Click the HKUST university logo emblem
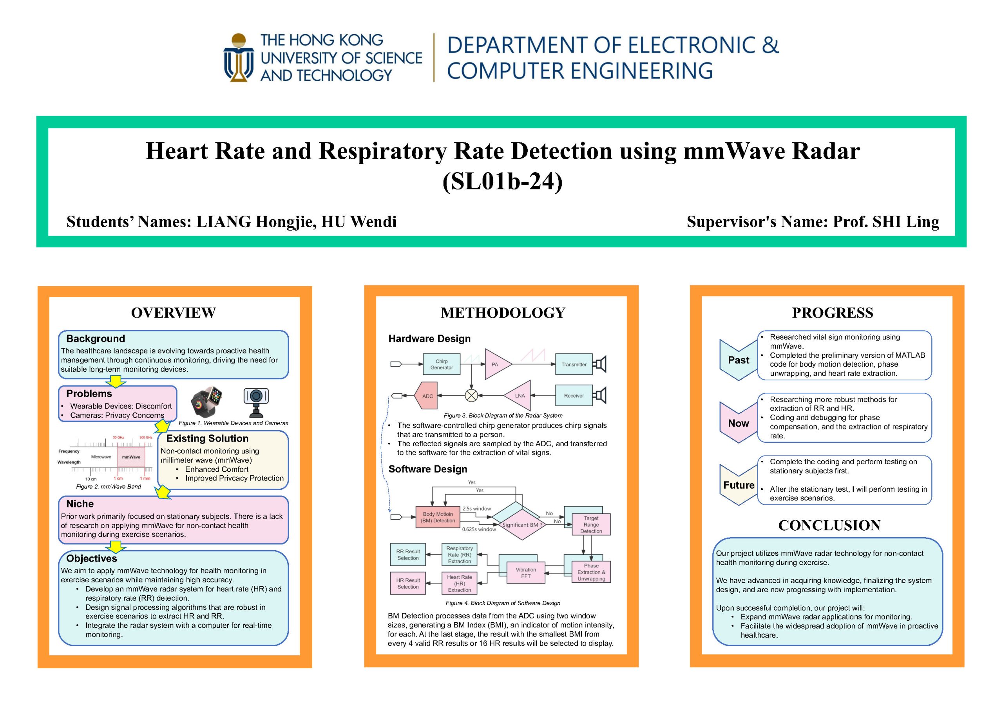pyautogui.click(x=239, y=57)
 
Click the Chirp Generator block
pyautogui.click(x=441, y=364)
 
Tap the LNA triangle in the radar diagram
pyautogui.click(x=517, y=396)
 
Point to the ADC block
pyautogui.click(x=425, y=396)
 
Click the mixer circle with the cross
pyautogui.click(x=471, y=396)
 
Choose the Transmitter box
pyautogui.click(x=574, y=364)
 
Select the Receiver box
pyautogui.click(x=574, y=396)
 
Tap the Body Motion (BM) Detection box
pyautogui.click(x=438, y=517)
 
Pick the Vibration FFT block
pyautogui.click(x=525, y=573)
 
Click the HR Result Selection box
pyautogui.click(x=408, y=584)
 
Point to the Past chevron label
pyautogui.click(x=738, y=360)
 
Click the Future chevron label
pyautogui.click(x=738, y=485)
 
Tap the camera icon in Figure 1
pyautogui.click(x=256, y=402)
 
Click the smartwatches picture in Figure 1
pyautogui.click(x=206, y=401)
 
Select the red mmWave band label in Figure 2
pyautogui.click(x=131, y=457)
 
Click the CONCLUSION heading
pyautogui.click(x=829, y=525)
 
